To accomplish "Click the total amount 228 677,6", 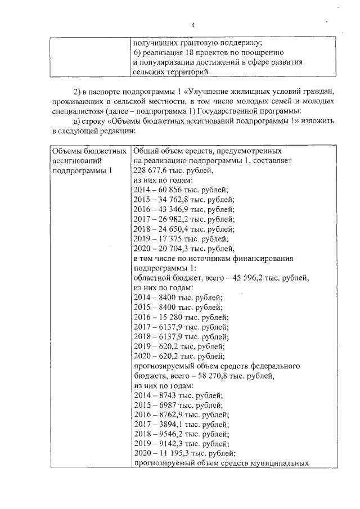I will tap(150, 170).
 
